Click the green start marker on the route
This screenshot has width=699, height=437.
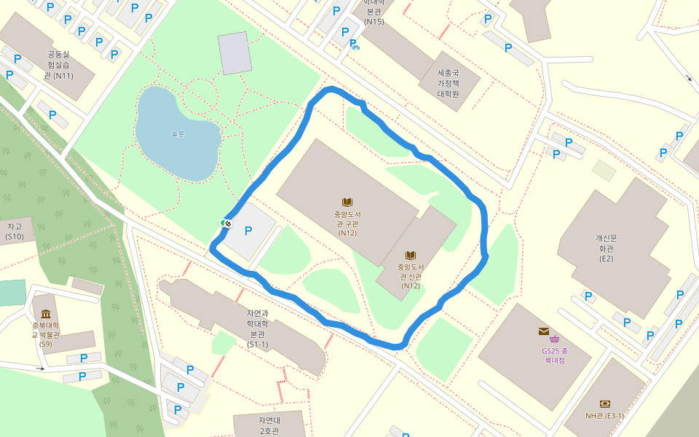click(223, 223)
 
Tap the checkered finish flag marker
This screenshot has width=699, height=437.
click(228, 224)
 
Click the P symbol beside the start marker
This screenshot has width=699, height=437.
click(248, 231)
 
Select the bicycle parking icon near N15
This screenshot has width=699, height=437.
click(355, 45)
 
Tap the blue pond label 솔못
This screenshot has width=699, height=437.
click(178, 134)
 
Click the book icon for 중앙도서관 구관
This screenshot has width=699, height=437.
click(347, 202)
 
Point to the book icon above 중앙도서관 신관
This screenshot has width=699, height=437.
click(411, 256)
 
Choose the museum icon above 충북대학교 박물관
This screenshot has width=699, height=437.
click(46, 314)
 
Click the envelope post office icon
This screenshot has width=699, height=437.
click(543, 331)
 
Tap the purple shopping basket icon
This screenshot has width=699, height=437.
click(555, 339)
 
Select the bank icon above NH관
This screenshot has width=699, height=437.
click(604, 403)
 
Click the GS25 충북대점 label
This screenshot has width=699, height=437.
click(554, 355)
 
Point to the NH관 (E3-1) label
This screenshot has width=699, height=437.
click(604, 416)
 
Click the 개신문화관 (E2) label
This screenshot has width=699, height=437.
click(606, 248)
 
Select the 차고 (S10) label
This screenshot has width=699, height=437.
click(15, 232)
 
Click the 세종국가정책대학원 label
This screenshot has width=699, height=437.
click(449, 84)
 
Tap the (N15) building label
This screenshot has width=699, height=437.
click(374, 21)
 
